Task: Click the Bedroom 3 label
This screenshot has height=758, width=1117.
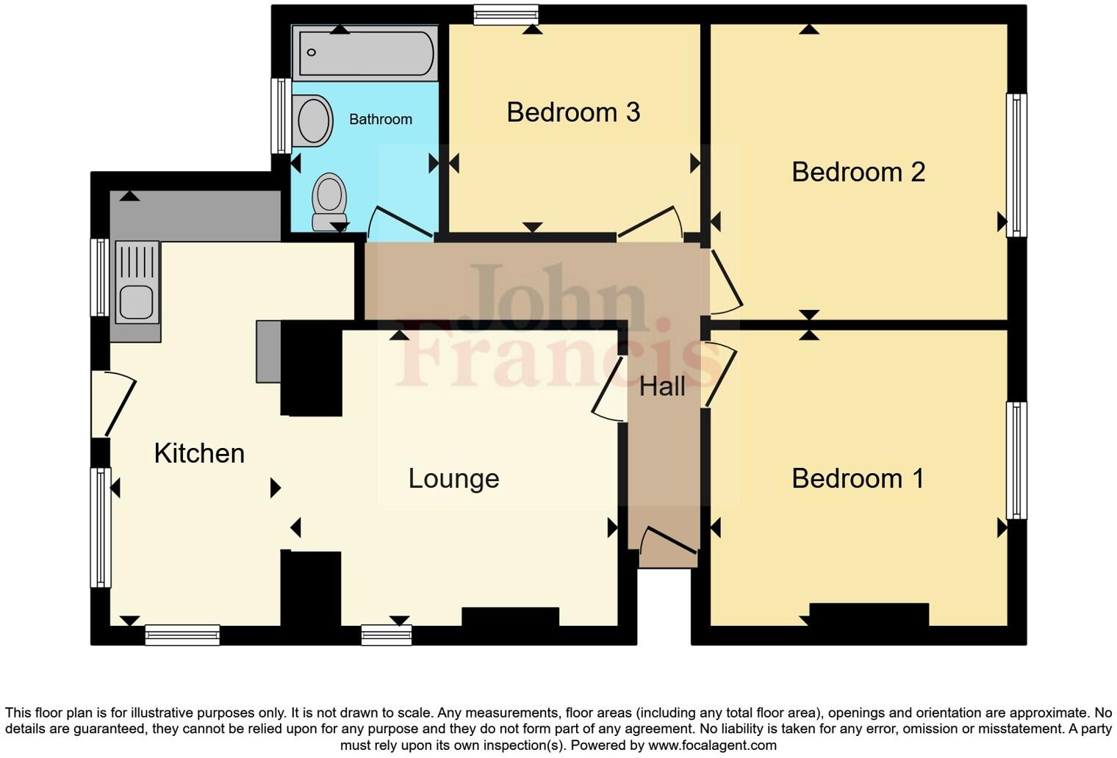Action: click(573, 112)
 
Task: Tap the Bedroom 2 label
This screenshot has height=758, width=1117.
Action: click(858, 172)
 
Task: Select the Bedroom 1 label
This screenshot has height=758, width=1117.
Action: click(858, 479)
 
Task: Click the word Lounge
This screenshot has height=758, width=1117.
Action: click(453, 479)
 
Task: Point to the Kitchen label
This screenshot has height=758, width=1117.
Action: click(199, 453)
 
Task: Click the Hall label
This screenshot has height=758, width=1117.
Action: click(662, 386)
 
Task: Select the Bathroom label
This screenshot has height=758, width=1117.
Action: click(380, 119)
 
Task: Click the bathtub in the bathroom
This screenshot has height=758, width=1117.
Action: click(365, 53)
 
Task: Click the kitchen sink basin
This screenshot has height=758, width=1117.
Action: click(136, 302)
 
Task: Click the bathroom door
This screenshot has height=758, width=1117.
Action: click(400, 223)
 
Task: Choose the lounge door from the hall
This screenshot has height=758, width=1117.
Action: click(608, 389)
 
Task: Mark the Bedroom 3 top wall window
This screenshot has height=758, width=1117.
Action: click(506, 15)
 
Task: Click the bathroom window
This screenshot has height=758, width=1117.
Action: click(281, 116)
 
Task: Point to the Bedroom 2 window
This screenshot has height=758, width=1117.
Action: click(1016, 165)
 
